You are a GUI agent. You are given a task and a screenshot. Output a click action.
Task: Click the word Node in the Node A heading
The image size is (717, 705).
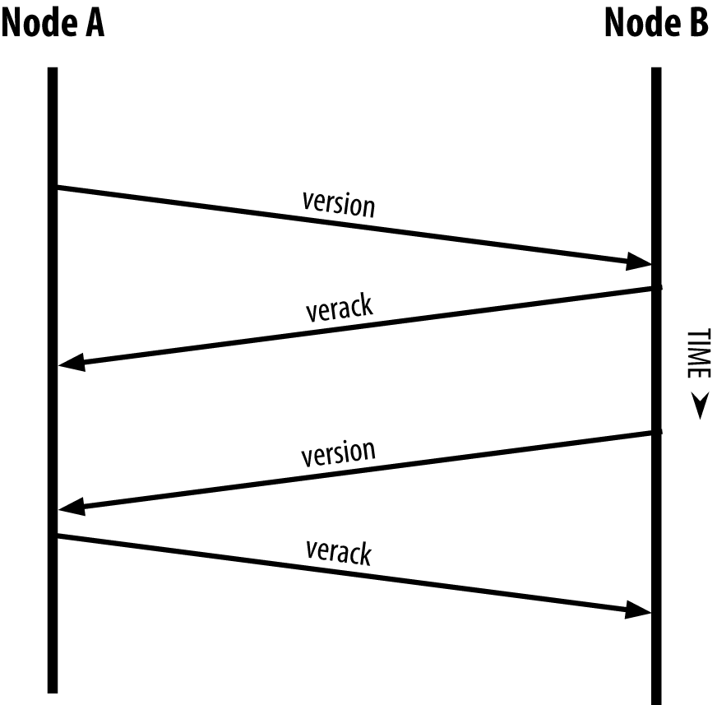click(39, 24)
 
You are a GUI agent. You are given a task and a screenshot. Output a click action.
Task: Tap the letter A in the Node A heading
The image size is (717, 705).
click(92, 24)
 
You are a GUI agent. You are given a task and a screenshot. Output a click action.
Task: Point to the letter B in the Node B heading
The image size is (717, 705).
click(696, 24)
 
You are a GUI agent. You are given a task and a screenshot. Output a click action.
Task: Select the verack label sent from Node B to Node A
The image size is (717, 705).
click(339, 309)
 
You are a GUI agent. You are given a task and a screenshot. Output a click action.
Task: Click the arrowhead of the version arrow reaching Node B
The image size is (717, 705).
click(638, 262)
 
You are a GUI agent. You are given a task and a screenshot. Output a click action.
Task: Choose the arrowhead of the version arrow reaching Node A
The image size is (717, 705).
click(72, 508)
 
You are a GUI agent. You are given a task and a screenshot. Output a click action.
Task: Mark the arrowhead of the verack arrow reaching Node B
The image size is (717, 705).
click(638, 610)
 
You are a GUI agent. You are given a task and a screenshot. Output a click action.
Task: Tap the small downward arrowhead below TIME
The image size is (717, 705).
click(699, 406)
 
